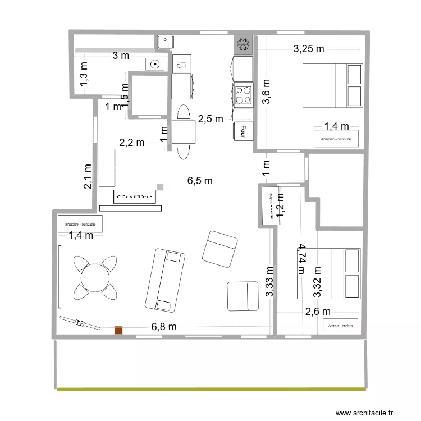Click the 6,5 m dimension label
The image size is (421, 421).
tap(200, 181)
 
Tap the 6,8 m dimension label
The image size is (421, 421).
tap(164, 327)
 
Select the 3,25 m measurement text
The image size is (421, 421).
tap(309, 49)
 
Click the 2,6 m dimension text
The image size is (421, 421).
tap(318, 312)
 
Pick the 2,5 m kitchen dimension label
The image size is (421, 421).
tap(211, 118)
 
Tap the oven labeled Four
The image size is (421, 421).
tap(243, 131)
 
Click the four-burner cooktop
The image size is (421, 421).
tap(244, 94)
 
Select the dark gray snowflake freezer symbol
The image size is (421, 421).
tap(244, 45)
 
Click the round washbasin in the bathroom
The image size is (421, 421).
tap(153, 65)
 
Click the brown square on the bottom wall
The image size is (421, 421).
tap(118, 331)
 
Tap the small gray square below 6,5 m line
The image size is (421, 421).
tap(160, 187)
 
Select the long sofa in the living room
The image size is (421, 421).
tap(165, 280)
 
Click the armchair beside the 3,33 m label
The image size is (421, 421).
tap(242, 296)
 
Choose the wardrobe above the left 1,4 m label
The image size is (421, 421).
tap(80, 224)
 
